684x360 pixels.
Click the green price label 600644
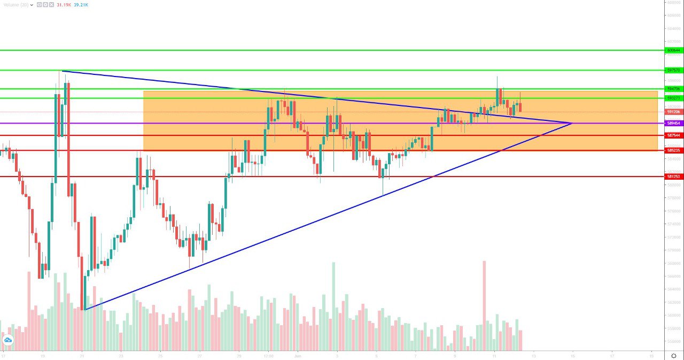[x=673, y=50]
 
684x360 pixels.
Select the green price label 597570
[x=673, y=70]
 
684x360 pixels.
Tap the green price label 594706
[x=673, y=89]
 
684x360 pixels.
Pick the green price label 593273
[x=673, y=98]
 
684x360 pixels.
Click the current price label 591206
[x=673, y=112]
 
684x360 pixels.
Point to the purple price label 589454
[x=673, y=123]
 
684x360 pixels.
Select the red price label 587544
[x=673, y=135]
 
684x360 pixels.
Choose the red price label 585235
[x=673, y=150]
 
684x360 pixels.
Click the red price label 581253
[x=673, y=176]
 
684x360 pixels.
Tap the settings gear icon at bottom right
[x=673, y=355]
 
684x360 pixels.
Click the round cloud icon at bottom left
[x=8, y=340]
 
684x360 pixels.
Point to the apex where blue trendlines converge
[x=572, y=123]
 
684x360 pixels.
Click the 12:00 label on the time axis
[x=269, y=355]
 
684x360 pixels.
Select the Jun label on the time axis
[x=298, y=355]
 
